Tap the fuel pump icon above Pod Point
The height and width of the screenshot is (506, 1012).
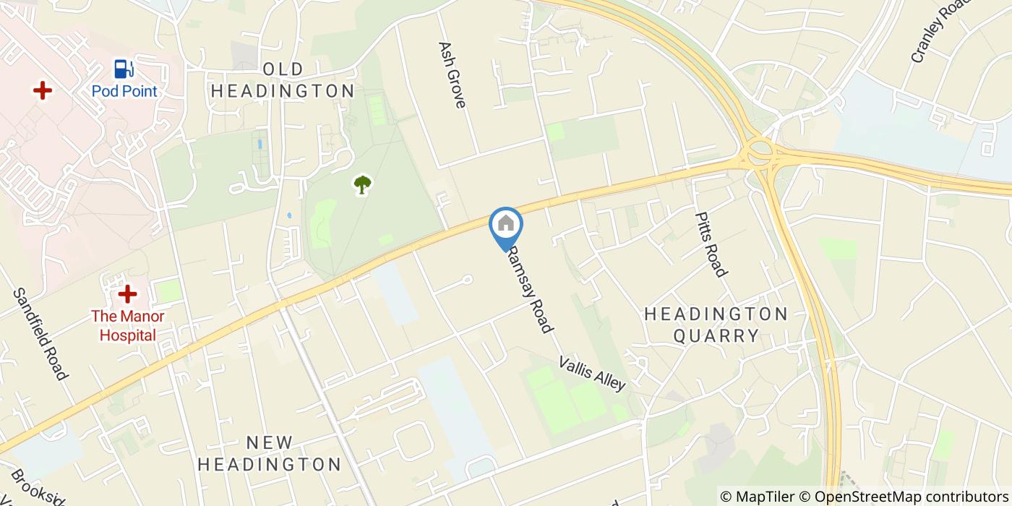click(124, 69)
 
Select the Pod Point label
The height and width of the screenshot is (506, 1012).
click(124, 92)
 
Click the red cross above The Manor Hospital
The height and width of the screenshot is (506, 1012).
click(127, 294)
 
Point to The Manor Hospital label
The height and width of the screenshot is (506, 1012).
click(127, 326)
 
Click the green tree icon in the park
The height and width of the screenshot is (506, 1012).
click(361, 185)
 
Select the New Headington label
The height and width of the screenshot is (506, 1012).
click(270, 453)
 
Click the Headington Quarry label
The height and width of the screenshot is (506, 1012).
click(716, 325)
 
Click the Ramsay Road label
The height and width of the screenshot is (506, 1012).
click(530, 288)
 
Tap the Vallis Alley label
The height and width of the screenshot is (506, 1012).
click(591, 373)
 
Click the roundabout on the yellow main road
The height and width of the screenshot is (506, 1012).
click(760, 151)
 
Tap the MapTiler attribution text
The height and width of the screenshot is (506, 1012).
click(756, 497)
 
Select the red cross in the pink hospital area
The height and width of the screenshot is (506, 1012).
click(43, 90)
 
